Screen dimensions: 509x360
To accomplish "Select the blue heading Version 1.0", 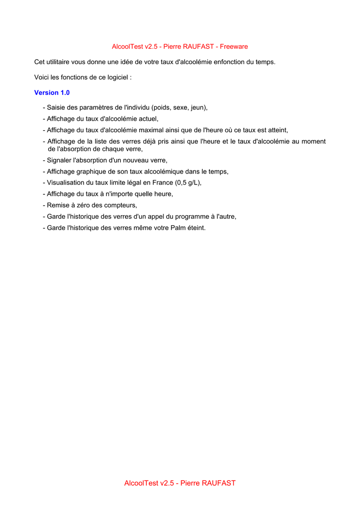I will (52, 92).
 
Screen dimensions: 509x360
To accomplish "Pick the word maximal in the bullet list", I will (147, 130).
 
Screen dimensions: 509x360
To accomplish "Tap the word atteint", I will (277, 130).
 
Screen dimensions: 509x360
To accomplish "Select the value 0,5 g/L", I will (187, 182).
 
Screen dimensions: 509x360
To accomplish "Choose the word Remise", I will (58, 205).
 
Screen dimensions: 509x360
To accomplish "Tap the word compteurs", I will (120, 205).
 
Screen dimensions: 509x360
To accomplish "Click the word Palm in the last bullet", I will (178, 228).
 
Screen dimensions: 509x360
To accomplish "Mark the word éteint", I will (195, 228).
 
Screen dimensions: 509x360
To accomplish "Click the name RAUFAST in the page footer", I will (218, 483).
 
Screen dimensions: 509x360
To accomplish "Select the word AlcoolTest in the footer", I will (141, 483).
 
